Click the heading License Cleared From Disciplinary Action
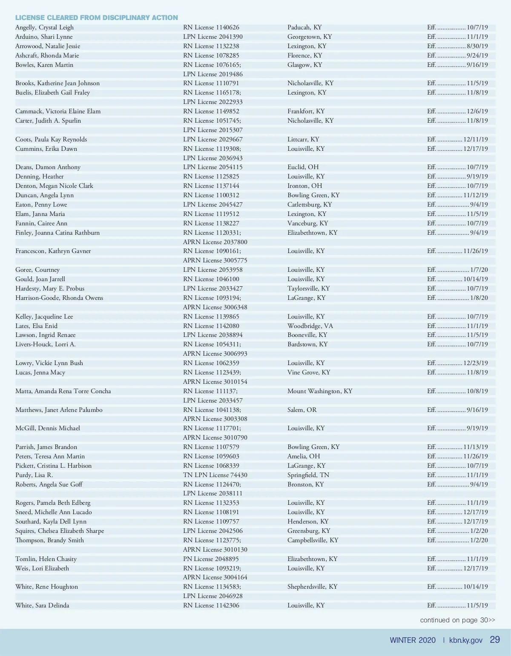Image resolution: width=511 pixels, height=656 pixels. tap(97, 17)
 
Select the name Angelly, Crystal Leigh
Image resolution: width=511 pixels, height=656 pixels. tap(44, 27)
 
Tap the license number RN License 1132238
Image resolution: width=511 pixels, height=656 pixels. tap(211, 46)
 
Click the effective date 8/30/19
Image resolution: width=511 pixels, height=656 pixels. tap(477, 46)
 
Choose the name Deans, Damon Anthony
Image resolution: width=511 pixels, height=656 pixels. tap(48, 167)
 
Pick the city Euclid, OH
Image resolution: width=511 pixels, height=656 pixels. tap(303, 167)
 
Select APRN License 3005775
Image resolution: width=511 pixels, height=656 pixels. tap(215, 260)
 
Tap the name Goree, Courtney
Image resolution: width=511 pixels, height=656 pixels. tap(37, 270)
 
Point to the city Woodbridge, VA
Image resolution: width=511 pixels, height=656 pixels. tap(310, 326)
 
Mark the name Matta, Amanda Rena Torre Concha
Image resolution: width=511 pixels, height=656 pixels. tap(63, 391)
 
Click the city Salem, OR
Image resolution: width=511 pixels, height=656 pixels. tap(302, 410)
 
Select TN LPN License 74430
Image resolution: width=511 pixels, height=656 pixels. tap(215, 475)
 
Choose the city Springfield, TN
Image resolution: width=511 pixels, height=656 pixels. tap(308, 475)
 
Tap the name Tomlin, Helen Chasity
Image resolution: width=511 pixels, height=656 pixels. tap(46, 559)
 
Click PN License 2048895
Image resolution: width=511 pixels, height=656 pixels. tap(211, 559)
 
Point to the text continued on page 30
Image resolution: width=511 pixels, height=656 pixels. tap(457, 620)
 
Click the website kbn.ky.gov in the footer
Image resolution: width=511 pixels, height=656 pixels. tap(465, 640)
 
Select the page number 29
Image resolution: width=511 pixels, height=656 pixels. tap(495, 640)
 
